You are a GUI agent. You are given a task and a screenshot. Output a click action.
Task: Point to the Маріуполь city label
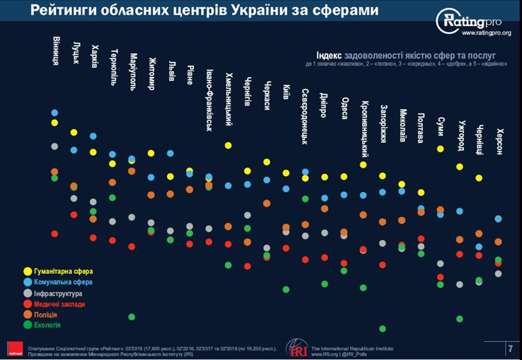(x=132, y=71)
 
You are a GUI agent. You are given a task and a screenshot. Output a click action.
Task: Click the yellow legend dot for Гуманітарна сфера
(x=27, y=271)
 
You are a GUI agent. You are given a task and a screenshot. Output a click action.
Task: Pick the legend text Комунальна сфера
(x=63, y=282)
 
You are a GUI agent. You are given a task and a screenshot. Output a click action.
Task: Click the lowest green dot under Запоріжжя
(x=382, y=329)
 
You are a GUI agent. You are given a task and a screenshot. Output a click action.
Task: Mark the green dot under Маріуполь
(x=132, y=317)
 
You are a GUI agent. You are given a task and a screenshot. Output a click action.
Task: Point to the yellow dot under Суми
(x=440, y=149)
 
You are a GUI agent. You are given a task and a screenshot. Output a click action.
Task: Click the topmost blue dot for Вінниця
(x=55, y=113)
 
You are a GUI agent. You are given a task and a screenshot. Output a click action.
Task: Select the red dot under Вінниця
(x=55, y=233)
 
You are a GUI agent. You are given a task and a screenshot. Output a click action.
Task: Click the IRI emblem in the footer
(x=294, y=348)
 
